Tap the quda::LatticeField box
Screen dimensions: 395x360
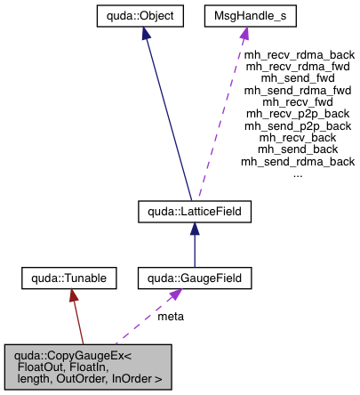click(195, 212)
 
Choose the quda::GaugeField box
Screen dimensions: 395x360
click(195, 278)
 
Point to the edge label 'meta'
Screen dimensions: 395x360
click(171, 316)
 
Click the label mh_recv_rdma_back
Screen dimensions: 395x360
click(299, 54)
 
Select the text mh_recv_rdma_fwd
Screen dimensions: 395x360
click(299, 67)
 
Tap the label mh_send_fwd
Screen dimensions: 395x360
click(299, 78)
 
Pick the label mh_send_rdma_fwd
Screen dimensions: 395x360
click(299, 91)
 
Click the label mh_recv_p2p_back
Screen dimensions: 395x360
click(299, 115)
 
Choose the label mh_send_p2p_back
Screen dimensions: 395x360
click(299, 126)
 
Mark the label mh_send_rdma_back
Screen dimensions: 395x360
click(299, 162)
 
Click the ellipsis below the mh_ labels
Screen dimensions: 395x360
click(299, 173)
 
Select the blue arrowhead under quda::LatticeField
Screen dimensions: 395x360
click(195, 230)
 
